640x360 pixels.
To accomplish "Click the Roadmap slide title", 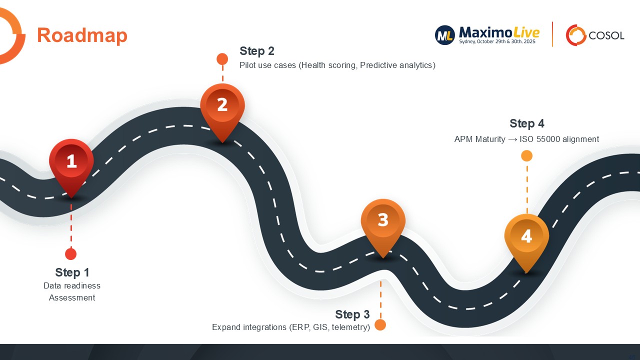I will click(x=82, y=35).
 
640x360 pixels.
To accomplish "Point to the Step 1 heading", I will click(x=72, y=272).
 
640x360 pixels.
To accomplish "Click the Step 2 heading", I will click(x=257, y=51).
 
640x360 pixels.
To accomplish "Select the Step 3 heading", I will click(x=352, y=314).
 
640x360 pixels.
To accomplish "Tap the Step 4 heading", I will click(x=527, y=123).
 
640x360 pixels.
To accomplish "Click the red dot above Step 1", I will click(x=71, y=254).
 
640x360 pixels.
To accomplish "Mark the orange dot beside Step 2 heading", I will click(x=222, y=59).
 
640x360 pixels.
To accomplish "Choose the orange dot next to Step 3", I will click(x=380, y=325).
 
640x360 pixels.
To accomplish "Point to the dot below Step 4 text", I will click(x=526, y=156).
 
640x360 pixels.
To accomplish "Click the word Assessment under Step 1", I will click(x=72, y=298).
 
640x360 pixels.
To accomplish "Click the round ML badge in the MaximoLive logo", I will click(x=445, y=35).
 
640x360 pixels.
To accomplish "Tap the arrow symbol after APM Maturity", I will click(x=512, y=139).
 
